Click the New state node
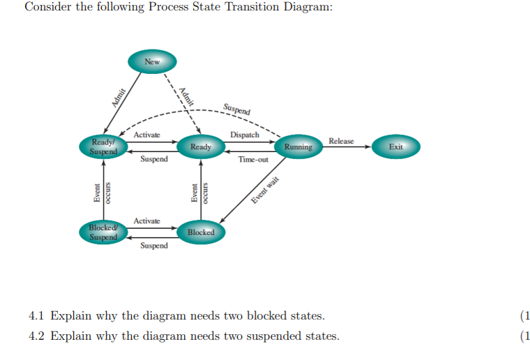(x=152, y=62)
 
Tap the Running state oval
(x=298, y=147)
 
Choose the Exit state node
(x=396, y=147)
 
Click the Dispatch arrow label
(x=244, y=135)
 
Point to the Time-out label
(x=252, y=160)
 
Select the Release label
(x=341, y=141)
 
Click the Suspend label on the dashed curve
(x=237, y=109)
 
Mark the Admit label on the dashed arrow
(x=185, y=94)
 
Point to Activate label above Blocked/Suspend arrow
(x=146, y=220)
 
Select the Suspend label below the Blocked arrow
(x=153, y=246)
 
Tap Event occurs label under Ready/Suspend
(x=104, y=192)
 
